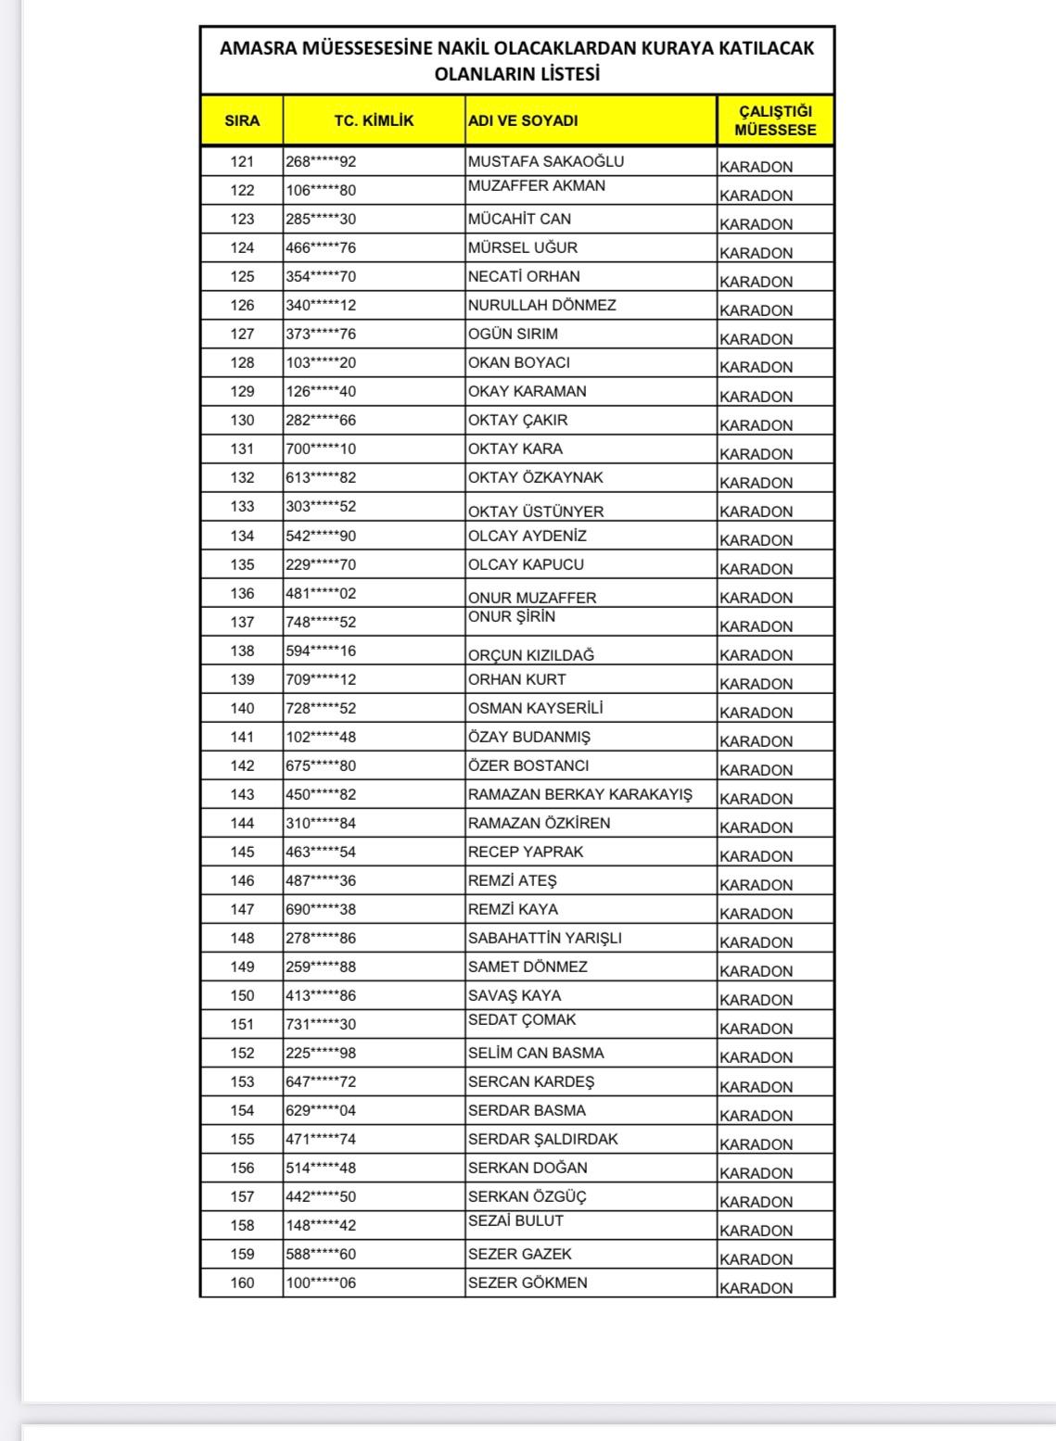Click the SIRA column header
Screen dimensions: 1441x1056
click(x=242, y=120)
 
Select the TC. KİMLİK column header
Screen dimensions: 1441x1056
click(x=374, y=120)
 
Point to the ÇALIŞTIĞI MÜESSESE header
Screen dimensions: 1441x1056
click(x=775, y=120)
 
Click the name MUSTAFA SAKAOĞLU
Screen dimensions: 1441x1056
click(x=546, y=161)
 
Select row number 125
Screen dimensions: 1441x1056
click(x=242, y=276)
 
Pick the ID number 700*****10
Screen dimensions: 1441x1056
click(x=321, y=449)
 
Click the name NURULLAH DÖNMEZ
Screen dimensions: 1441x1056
click(x=541, y=305)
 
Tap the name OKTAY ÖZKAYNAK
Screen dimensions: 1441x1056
click(x=535, y=477)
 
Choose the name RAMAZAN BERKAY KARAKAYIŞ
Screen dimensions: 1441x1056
click(x=579, y=794)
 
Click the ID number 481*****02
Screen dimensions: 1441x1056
click(x=321, y=593)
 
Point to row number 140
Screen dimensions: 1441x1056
click(x=242, y=708)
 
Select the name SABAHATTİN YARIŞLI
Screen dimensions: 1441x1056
click(x=545, y=938)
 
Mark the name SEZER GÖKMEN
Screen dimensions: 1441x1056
click(x=528, y=1283)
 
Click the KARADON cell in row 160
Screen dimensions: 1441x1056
click(x=757, y=1287)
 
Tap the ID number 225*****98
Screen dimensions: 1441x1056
click(x=321, y=1053)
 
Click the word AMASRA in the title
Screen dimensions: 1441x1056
click(x=257, y=49)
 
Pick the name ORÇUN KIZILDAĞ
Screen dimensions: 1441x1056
click(x=531, y=655)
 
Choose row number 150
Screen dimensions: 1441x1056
click(x=242, y=995)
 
